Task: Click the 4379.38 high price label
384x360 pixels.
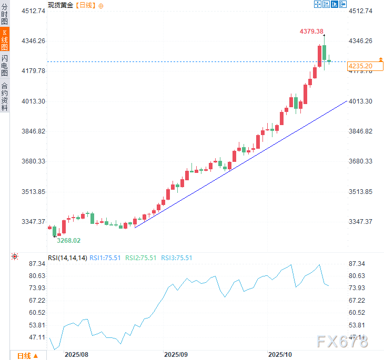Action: pos(311,32)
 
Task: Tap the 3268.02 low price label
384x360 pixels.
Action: pos(68,240)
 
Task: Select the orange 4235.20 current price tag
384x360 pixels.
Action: pos(360,66)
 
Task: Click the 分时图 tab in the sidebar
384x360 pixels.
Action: pos(5,15)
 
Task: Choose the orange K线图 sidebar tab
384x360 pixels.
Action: pos(5,39)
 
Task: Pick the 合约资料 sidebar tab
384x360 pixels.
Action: pos(5,96)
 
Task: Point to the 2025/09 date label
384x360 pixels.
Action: pos(176,355)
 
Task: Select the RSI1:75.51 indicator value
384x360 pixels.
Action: pos(106,258)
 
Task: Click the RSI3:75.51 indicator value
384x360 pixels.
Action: pos(176,258)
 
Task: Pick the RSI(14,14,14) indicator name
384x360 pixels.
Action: pos(67,258)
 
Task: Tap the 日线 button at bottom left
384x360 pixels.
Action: pos(27,355)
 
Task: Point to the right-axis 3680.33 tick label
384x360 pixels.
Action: pos(360,161)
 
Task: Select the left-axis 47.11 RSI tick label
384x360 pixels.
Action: pos(38,337)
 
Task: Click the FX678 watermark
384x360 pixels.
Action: pos(342,342)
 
